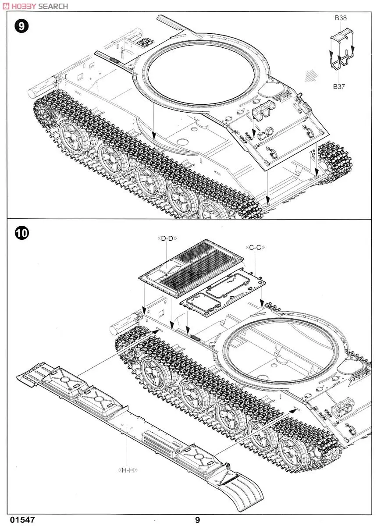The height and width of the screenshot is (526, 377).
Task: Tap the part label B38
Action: coord(340,18)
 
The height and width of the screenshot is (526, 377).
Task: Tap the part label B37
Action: coord(339,86)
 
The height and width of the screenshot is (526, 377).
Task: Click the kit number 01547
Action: coord(20,520)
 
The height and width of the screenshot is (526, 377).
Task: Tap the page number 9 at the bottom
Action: coord(198,520)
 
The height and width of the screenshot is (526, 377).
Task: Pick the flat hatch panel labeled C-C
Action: coord(223,291)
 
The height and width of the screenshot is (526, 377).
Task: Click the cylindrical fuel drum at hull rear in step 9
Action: coord(40,88)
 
